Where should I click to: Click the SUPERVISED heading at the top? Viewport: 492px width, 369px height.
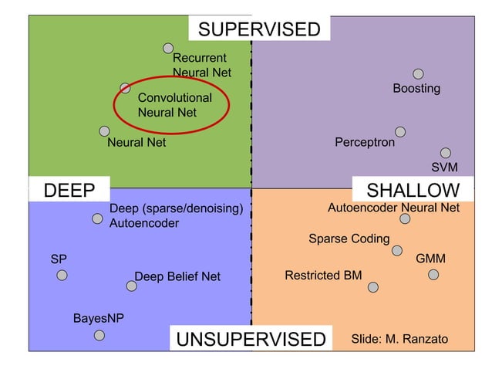259,29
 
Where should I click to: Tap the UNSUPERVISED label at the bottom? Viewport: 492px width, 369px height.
251,340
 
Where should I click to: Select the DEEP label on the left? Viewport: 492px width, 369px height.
69,191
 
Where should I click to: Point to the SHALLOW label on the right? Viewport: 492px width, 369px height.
413,191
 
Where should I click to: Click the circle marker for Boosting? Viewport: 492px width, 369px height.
418,74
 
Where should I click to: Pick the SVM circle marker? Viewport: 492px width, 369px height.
446,153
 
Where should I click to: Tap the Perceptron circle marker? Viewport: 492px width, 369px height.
400,132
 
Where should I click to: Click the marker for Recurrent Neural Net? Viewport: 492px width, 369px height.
168,48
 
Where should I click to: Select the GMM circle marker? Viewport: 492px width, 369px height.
433,274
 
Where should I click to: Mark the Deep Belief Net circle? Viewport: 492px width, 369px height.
132,286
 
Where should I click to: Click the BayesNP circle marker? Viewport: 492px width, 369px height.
99,335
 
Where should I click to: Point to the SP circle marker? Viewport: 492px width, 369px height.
62,274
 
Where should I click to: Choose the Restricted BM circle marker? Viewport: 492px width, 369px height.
373,287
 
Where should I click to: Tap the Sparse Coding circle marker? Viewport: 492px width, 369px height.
397,250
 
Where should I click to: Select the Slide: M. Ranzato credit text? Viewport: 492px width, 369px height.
399,340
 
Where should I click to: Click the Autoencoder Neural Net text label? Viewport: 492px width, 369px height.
393,208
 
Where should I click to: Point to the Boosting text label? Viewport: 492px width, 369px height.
416,89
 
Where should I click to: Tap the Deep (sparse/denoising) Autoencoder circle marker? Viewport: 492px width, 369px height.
97,218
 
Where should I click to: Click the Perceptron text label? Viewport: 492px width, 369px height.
365,143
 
